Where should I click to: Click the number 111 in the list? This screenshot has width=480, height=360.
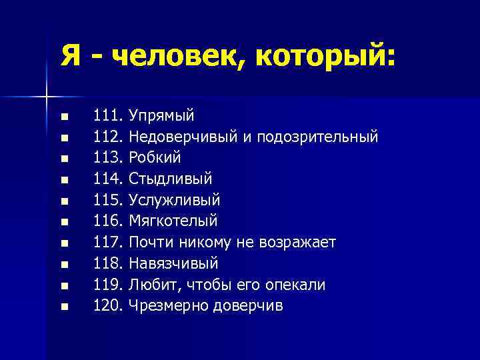click(x=108, y=115)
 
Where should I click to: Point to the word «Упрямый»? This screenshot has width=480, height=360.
click(x=162, y=116)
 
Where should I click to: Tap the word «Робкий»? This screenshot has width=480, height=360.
click(x=155, y=158)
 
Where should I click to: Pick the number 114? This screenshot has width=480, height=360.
click(x=108, y=179)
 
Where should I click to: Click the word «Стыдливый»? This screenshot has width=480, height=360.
click(x=171, y=179)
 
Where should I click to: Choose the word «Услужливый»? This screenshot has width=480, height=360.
click(x=175, y=200)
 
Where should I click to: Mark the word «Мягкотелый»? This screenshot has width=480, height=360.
click(x=173, y=221)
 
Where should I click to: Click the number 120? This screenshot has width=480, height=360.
click(x=108, y=306)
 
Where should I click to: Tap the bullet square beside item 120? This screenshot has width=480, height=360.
click(x=64, y=307)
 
